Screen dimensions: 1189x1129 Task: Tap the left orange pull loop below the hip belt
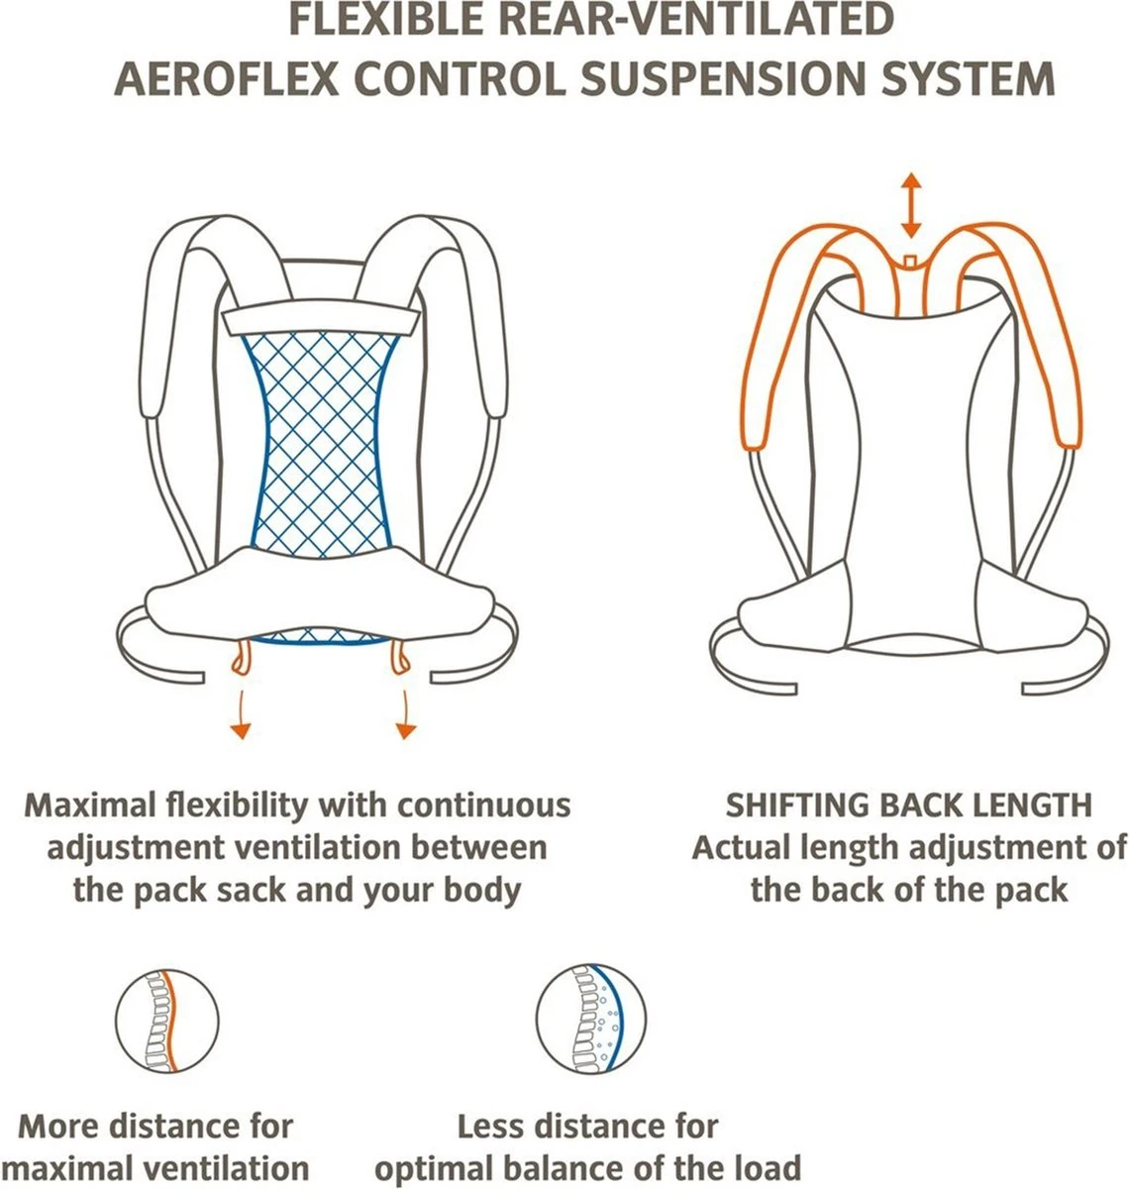pos(239,657)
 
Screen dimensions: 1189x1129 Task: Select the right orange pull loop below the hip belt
pos(402,657)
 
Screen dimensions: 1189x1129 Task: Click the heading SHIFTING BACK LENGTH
pos(908,805)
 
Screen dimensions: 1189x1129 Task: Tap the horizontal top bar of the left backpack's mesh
pos(321,320)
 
